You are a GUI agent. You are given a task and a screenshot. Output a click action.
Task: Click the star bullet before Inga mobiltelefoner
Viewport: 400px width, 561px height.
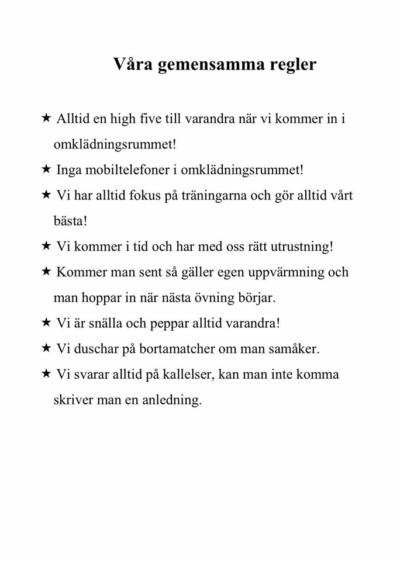point(46,169)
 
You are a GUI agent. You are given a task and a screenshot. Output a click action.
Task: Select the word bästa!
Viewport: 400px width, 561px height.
point(70,221)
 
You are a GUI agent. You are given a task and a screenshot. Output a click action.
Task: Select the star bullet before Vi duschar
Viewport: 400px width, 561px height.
point(46,348)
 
